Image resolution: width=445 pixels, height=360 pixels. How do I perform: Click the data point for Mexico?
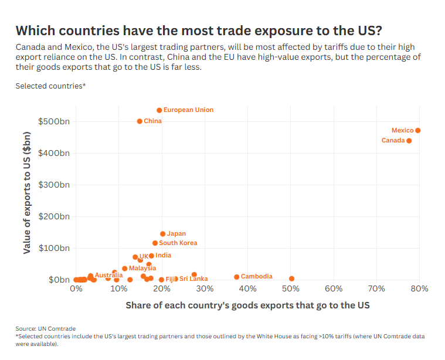[417, 130]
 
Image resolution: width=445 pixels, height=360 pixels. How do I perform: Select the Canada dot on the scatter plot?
[409, 141]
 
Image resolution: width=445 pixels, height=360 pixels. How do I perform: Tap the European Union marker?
[159, 110]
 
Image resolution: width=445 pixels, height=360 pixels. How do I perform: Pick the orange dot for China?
[140, 121]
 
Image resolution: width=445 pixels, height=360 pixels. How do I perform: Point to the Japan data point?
[163, 234]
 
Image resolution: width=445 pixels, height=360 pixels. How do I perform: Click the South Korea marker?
[155, 243]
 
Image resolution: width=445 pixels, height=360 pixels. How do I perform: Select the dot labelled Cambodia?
[237, 277]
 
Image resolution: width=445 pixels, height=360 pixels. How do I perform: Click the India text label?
[163, 256]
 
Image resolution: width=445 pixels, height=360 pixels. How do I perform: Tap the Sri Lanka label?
[193, 279]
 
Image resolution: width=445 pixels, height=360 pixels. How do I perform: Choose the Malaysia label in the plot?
[142, 269]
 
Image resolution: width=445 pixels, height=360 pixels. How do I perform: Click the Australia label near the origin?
[108, 275]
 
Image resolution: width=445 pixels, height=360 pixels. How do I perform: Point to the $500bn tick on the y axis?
[54, 121]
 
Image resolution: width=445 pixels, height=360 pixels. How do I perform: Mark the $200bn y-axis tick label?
[54, 216]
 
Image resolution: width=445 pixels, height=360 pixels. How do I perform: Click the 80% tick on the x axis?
[420, 289]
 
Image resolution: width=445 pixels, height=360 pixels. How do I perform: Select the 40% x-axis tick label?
[248, 289]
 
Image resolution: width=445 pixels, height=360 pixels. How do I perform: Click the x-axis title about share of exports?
[247, 306]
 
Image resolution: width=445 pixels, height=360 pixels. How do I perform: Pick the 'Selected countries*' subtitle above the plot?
[51, 86]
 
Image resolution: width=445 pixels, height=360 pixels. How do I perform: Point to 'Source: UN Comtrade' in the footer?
[46, 328]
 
